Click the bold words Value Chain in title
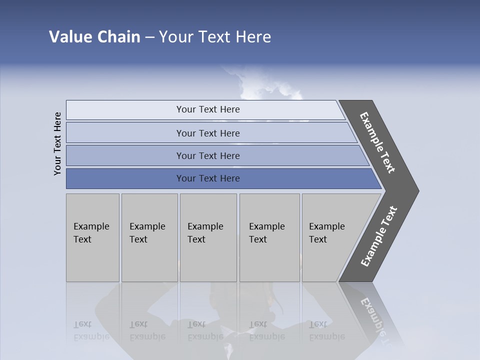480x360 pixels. point(94,37)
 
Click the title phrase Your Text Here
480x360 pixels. point(215,37)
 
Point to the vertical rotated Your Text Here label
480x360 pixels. point(57,143)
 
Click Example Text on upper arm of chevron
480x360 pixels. point(377,142)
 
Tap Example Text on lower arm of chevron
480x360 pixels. point(378,236)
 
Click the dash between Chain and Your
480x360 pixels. point(149,37)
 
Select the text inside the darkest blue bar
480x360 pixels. point(208,178)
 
